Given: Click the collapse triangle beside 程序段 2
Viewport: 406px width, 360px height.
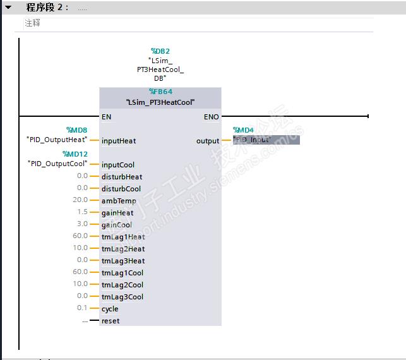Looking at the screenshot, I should point(8,7).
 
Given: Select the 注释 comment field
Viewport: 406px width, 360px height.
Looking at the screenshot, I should point(32,23).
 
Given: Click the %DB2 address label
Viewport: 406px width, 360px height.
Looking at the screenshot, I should point(160,51).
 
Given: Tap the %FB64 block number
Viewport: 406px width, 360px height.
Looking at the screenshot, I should point(160,92).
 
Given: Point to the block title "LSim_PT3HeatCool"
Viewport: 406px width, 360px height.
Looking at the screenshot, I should point(160,102).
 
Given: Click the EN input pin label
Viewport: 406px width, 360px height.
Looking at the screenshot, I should point(106,117).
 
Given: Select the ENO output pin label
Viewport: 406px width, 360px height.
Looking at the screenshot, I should point(211,117).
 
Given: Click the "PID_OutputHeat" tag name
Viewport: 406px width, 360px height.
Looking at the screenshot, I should point(57,140).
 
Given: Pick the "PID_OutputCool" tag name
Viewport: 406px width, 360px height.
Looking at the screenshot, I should point(57,164).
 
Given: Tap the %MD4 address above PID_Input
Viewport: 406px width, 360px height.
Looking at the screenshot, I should point(243,130).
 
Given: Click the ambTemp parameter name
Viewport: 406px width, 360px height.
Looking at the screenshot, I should point(119,201).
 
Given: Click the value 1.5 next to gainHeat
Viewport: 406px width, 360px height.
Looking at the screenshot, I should point(82,213).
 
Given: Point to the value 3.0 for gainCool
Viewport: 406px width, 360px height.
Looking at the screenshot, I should point(82,225).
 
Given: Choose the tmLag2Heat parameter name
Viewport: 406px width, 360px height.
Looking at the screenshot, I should point(123,249).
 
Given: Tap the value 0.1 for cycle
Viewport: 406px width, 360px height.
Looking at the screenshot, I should point(82,308).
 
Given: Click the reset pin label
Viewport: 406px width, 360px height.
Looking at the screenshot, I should point(110,321).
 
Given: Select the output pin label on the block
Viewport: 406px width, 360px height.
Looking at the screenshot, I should point(208,141).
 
